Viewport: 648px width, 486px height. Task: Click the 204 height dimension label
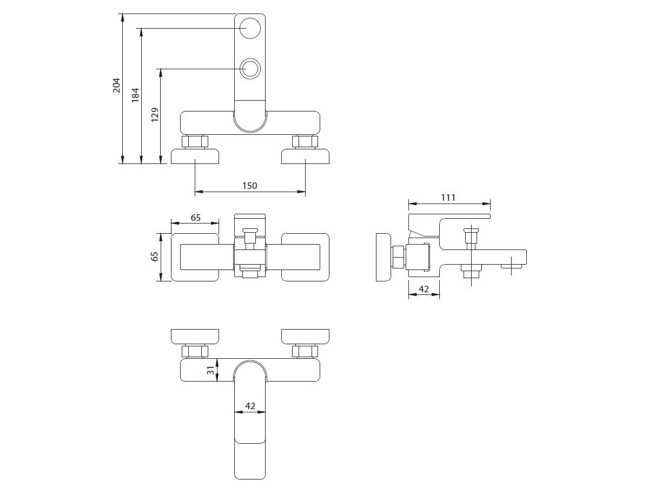click(116, 85)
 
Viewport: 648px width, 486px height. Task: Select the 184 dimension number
click(135, 95)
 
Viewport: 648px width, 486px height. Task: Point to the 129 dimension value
click(155, 115)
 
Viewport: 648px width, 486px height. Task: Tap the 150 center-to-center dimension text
click(249, 186)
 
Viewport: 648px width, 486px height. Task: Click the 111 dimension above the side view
click(448, 198)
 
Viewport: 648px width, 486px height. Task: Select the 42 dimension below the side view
click(424, 290)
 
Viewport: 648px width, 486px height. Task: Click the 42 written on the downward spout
click(250, 406)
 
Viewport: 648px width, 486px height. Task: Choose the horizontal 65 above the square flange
click(195, 218)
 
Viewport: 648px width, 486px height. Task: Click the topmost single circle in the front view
click(250, 28)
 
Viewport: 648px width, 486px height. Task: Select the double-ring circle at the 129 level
click(250, 69)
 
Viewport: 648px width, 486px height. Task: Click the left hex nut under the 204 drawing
click(195, 142)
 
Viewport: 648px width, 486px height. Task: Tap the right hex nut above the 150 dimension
click(305, 142)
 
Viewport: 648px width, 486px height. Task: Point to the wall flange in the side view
click(384, 257)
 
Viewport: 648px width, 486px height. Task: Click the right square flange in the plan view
click(306, 257)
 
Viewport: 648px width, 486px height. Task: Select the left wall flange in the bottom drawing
click(195, 336)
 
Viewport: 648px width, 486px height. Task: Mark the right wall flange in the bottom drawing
click(306, 336)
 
